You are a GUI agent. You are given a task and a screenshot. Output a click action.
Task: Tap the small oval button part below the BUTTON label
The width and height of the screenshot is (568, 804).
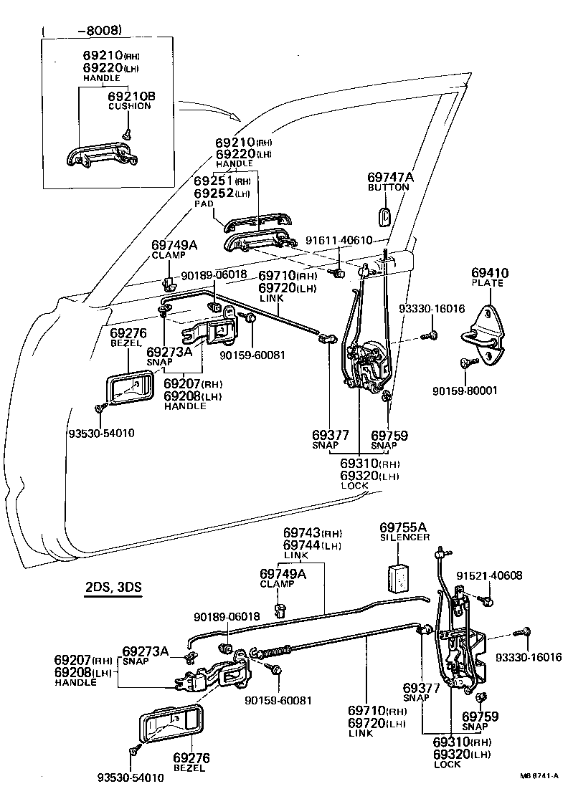tap(384, 215)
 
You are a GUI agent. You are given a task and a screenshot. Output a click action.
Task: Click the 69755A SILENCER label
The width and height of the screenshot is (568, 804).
tap(404, 531)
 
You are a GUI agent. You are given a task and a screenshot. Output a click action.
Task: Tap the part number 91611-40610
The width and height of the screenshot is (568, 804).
tap(349, 241)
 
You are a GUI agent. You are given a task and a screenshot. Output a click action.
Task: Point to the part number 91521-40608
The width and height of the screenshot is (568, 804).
tap(490, 575)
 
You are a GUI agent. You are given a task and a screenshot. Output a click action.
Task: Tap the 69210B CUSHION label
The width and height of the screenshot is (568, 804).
tap(131, 100)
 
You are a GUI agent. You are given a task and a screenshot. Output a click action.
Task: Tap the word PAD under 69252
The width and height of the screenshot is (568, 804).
tap(204, 204)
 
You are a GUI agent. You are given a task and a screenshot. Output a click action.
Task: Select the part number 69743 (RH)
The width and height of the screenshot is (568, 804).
tap(313, 533)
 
